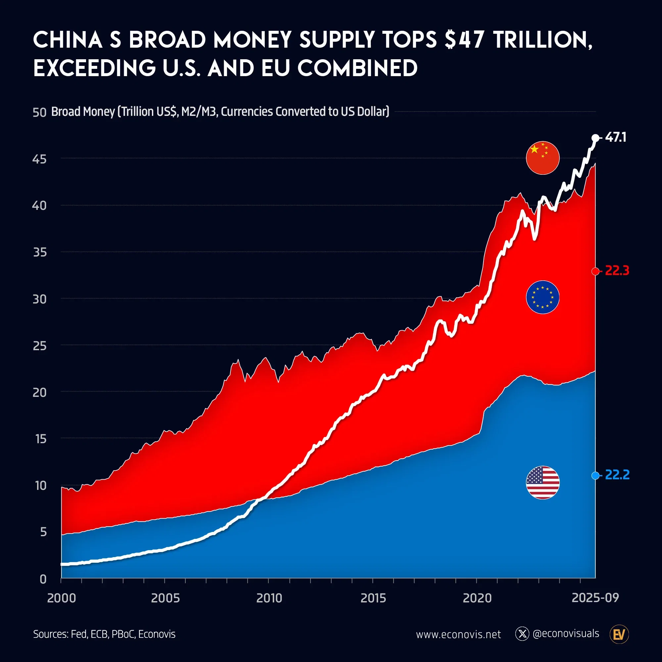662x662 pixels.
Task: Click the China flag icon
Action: click(x=543, y=158)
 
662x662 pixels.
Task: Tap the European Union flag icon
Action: click(x=543, y=297)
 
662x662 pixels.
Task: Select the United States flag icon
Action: click(x=543, y=483)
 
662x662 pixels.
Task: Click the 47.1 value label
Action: click(x=616, y=137)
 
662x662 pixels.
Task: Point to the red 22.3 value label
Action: click(x=617, y=271)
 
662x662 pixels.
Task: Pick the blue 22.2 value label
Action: click(x=617, y=475)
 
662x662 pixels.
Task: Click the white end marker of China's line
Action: click(x=595, y=138)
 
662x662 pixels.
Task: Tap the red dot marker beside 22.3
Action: click(x=595, y=271)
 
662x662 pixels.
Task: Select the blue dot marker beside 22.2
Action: click(x=595, y=476)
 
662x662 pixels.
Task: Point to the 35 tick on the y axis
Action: click(x=40, y=253)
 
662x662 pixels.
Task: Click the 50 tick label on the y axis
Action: click(x=39, y=113)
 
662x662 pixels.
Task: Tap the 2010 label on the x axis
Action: click(x=269, y=598)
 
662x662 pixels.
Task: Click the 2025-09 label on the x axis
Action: click(x=595, y=597)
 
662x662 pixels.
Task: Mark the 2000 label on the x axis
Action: click(x=62, y=598)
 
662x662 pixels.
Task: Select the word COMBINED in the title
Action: click(x=357, y=68)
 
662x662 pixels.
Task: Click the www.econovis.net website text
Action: click(x=458, y=635)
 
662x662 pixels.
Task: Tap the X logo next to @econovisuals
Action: click(x=522, y=634)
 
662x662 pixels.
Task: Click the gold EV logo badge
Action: click(x=619, y=635)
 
